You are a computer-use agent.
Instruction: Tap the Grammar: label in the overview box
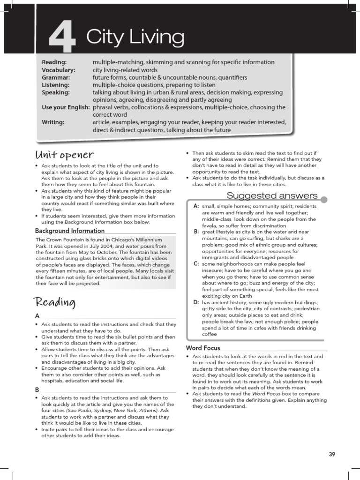pyautogui.click(x=56, y=77)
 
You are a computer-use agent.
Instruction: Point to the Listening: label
pyautogui.click(x=56, y=85)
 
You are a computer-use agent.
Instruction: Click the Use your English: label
pyautogui.click(x=66, y=107)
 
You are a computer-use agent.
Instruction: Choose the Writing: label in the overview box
pyautogui.click(x=53, y=122)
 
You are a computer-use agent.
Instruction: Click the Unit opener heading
pyautogui.click(x=64, y=155)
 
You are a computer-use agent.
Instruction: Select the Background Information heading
pyautogui.click(x=70, y=231)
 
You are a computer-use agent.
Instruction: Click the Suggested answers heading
pyautogui.click(x=272, y=195)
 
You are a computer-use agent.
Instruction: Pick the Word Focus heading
pyautogui.click(x=203, y=348)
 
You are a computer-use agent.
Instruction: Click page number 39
pyautogui.click(x=332, y=454)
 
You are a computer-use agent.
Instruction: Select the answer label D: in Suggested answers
pyautogui.click(x=196, y=303)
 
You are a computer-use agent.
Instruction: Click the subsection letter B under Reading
pyautogui.click(x=37, y=390)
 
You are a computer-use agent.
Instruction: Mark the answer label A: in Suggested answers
pyautogui.click(x=196, y=206)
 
